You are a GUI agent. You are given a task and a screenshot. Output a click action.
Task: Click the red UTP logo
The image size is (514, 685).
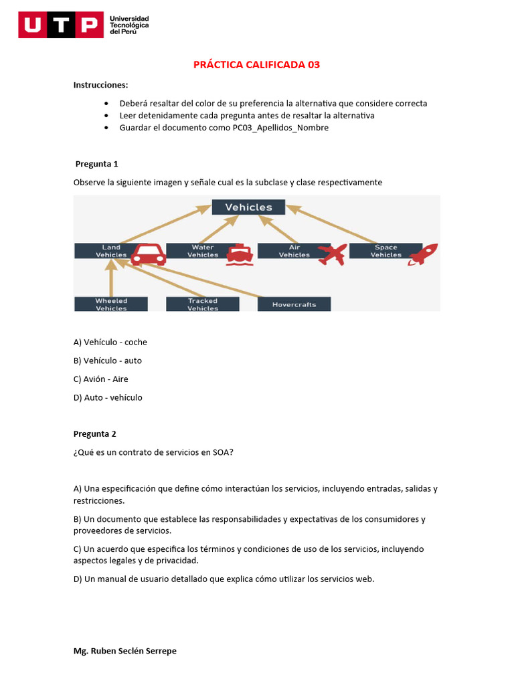61,25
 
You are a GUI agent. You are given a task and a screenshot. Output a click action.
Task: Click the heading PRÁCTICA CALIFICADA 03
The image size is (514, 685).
256,65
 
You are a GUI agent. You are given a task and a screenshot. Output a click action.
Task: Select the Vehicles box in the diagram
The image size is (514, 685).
248,207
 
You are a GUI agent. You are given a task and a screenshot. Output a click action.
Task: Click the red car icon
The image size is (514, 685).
148,254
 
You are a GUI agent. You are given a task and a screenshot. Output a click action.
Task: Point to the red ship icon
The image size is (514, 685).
238,255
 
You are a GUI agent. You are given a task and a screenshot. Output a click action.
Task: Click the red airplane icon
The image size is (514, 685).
332,254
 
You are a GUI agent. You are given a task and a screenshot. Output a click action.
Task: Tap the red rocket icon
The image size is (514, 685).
423,254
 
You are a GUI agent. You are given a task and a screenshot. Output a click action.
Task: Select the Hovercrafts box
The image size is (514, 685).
294,304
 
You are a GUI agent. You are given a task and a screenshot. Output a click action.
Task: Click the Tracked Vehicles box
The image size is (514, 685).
203,304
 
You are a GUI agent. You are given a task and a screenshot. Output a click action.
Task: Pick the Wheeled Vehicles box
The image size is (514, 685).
111,304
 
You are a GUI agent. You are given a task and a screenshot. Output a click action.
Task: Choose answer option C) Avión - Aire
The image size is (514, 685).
101,379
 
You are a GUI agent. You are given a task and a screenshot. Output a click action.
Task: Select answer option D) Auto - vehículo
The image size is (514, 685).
108,397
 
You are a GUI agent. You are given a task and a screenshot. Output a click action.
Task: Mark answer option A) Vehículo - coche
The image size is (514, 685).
110,342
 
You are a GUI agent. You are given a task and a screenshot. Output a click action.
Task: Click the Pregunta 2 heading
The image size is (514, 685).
95,433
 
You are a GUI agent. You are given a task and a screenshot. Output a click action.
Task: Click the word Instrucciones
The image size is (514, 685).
100,85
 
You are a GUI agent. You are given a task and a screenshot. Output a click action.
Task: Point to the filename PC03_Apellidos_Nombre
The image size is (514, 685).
280,128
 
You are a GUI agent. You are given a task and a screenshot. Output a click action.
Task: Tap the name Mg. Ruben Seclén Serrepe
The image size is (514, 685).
125,651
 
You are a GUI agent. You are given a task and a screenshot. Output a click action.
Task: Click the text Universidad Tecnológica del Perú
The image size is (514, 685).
129,25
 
